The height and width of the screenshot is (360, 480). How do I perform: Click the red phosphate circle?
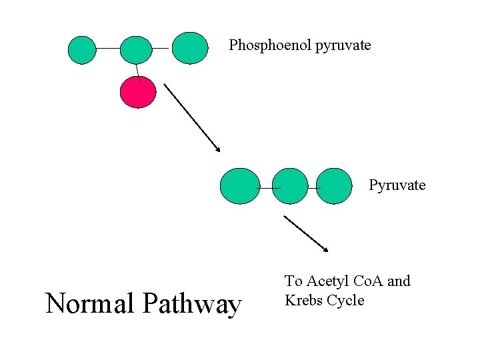(x=137, y=92)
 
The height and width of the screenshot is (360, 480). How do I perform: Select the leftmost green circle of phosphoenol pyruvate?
(x=83, y=49)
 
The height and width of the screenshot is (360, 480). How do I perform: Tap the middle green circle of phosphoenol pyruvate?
(x=137, y=49)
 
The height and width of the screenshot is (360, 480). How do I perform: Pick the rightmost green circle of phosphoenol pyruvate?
(x=190, y=48)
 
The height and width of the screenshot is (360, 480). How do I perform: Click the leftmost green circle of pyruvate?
(x=239, y=185)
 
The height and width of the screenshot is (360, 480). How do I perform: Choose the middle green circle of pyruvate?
(x=291, y=186)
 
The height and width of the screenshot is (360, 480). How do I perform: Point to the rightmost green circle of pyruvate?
(x=333, y=185)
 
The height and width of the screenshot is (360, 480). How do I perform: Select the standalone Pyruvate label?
(x=397, y=185)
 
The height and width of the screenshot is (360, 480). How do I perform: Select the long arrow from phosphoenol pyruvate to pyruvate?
(x=192, y=117)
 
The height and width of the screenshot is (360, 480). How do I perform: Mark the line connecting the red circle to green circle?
(x=137, y=70)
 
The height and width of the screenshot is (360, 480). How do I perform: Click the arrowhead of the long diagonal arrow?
(x=218, y=149)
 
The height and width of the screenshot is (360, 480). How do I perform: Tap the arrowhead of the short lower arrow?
(x=326, y=249)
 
